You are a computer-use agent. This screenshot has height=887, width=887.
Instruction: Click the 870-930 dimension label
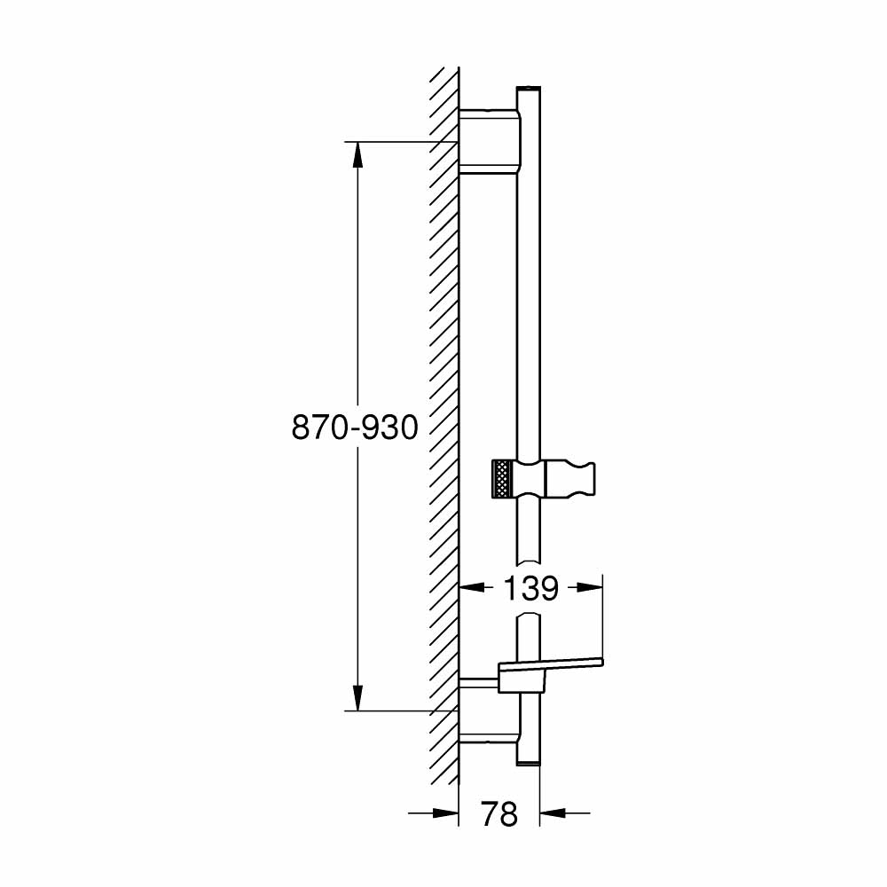(x=355, y=428)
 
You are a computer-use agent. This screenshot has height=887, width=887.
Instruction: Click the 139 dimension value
(x=530, y=588)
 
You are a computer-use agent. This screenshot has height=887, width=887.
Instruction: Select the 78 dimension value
(x=498, y=813)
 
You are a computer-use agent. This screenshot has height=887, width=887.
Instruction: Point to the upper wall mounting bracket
(x=487, y=140)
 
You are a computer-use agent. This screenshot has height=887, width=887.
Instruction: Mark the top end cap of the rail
(x=528, y=90)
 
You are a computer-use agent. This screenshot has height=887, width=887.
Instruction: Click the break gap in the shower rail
(x=528, y=590)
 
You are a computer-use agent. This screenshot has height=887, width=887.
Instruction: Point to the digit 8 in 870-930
(x=302, y=428)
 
